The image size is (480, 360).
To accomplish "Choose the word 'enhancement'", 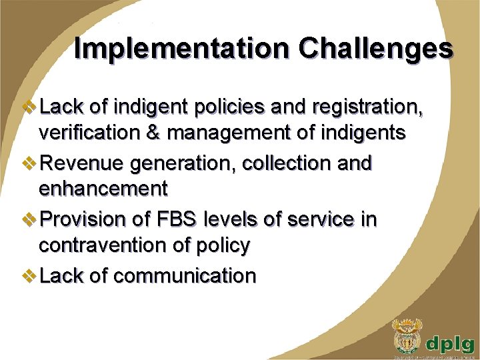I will tap(103, 190).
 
